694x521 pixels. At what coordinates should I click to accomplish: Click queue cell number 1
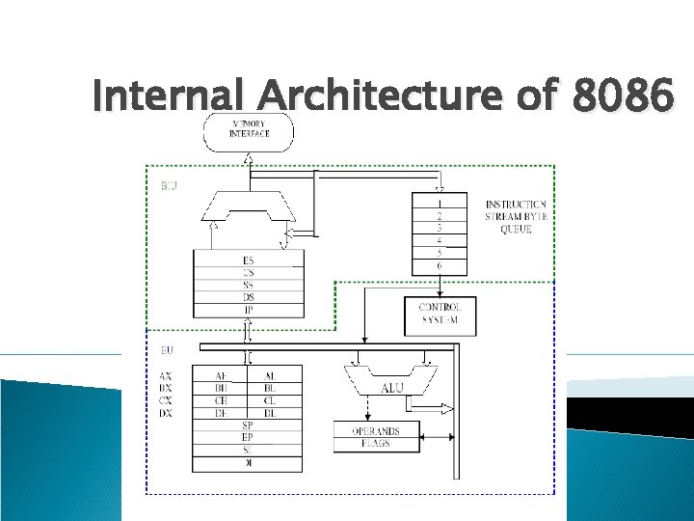pos(440,204)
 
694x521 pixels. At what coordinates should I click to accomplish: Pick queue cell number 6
pos(440,265)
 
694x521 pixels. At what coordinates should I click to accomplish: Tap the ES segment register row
pos(249,260)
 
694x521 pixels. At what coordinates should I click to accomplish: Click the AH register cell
pos(222,376)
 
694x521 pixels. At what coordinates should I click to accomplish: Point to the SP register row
pos(248,425)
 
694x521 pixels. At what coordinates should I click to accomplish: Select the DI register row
pos(248,464)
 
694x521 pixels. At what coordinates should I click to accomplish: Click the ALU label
pos(391,388)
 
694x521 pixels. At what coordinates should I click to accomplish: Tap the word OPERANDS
pos(376,431)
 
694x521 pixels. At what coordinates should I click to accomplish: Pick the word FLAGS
pos(376,444)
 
